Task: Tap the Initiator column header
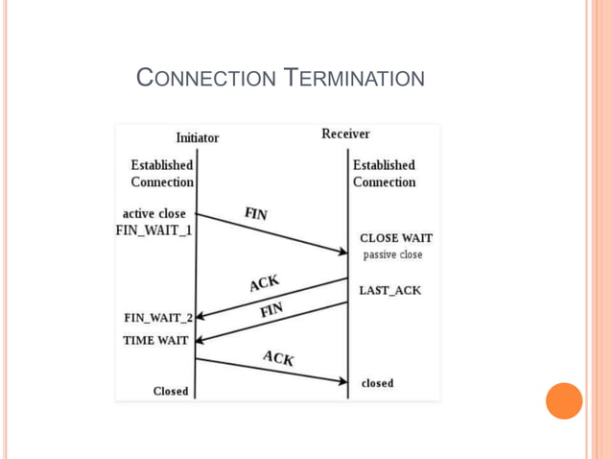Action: (197, 137)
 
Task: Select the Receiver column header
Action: (345, 133)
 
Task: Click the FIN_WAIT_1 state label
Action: (153, 230)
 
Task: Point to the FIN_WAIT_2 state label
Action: (158, 318)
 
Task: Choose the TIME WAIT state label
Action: (155, 340)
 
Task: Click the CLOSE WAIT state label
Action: (395, 238)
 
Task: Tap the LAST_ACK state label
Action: (389, 290)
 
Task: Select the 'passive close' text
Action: (392, 255)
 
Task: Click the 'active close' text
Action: (154, 213)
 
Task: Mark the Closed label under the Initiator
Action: (171, 391)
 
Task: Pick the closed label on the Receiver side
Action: (377, 383)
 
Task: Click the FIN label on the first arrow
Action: (256, 214)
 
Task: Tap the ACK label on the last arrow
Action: (278, 358)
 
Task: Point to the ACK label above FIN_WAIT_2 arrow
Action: (264, 283)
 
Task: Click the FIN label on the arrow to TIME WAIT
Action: (271, 310)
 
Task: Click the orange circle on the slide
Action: (564, 400)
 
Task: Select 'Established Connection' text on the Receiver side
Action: (384, 174)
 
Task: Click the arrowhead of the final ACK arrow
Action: (342, 381)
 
